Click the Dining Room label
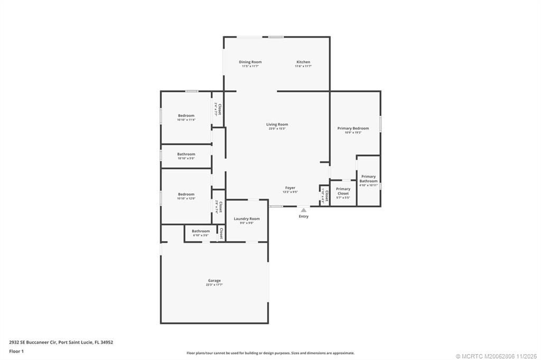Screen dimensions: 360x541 click(250, 62)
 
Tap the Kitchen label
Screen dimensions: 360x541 click(303, 62)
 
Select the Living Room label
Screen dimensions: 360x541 click(277, 125)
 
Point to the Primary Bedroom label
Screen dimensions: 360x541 click(353, 128)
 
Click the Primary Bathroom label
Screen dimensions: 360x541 click(368, 178)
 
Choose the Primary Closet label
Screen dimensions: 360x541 click(343, 191)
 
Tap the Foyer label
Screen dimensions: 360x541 click(290, 188)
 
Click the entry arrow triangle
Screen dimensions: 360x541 click(303, 210)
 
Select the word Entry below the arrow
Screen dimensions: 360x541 click(303, 216)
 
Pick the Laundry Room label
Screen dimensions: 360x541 click(247, 219)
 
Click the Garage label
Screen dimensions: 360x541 click(214, 280)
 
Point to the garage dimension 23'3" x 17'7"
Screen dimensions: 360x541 click(214, 285)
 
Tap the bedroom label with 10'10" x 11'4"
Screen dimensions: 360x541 click(186, 116)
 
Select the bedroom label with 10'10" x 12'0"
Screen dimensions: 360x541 click(186, 194)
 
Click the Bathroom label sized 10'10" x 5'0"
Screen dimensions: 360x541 click(186, 154)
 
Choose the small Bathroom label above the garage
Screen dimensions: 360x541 click(200, 231)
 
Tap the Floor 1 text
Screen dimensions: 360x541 click(17, 350)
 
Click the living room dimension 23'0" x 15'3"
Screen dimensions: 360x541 click(277, 129)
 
